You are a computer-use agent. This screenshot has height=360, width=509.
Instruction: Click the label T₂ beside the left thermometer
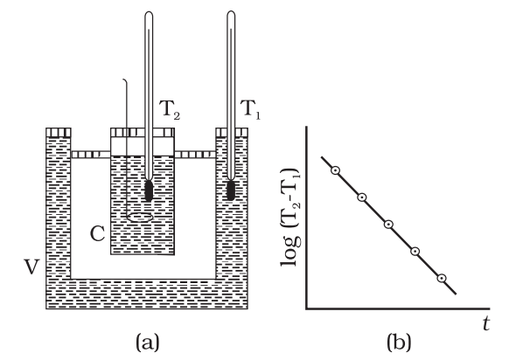point(171,109)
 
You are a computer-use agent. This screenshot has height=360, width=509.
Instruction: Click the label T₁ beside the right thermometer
point(251,109)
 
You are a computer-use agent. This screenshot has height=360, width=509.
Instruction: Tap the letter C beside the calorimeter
point(97,233)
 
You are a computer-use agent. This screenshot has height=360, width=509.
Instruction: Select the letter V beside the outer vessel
point(31,267)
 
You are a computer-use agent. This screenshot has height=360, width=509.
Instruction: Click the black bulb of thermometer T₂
point(149,190)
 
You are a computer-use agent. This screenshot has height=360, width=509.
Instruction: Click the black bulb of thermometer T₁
point(231,190)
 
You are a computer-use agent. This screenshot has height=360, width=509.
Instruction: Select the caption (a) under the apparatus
point(148,342)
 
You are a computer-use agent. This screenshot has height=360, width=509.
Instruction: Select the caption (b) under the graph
point(399,342)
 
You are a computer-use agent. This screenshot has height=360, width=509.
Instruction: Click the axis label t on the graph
point(486,323)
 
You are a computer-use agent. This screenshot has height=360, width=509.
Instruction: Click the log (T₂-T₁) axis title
point(289,218)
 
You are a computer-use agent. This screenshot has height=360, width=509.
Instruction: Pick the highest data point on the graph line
point(335,170)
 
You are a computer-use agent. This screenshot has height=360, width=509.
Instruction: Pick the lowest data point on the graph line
point(441,278)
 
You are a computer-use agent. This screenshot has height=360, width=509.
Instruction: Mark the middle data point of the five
point(388,224)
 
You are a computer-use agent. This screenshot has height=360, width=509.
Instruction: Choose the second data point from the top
point(362,197)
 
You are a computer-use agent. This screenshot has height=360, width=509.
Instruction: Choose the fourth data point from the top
point(415,252)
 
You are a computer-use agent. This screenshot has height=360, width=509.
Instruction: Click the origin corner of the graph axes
point(306,308)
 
